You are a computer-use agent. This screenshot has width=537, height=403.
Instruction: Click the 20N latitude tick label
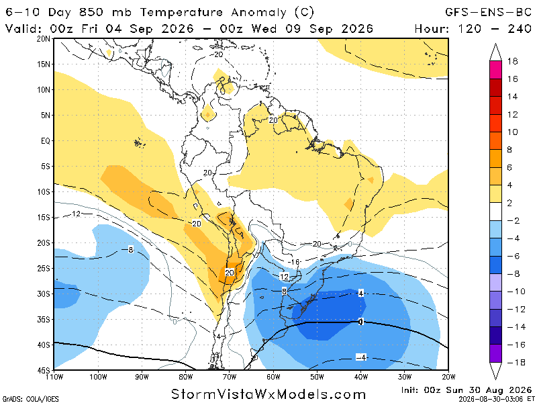pos(44,39)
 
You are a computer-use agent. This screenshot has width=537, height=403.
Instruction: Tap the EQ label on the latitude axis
pos(46,141)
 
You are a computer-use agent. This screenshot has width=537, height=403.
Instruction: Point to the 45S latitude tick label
pos(44,371)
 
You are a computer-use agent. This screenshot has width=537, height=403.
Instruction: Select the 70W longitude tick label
pos(230,377)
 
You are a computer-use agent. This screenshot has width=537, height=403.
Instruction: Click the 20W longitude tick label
pos(448,377)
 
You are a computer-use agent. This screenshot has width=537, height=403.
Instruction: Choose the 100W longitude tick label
pos(98,377)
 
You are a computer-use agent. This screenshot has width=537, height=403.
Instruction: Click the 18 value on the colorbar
pos(512,61)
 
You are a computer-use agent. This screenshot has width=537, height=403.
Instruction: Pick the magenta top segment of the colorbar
pos(495,70)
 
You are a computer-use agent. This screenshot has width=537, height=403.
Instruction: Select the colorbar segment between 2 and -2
pos(495,212)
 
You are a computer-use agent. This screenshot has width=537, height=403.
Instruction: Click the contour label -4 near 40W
pos(361,357)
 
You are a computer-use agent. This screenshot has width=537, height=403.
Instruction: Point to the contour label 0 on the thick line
pos(360,322)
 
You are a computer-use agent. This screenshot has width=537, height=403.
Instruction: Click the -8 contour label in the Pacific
pos(130,249)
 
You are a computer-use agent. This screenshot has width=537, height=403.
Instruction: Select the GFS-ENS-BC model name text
pos(488,12)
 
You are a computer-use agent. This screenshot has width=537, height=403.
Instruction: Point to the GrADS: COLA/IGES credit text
pos(30,399)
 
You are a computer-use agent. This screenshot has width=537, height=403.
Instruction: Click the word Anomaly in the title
pos(258,13)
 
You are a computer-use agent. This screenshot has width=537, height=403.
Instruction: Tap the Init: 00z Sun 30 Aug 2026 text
pos(466,390)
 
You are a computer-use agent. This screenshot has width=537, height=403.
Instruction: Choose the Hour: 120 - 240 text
pos(473,28)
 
